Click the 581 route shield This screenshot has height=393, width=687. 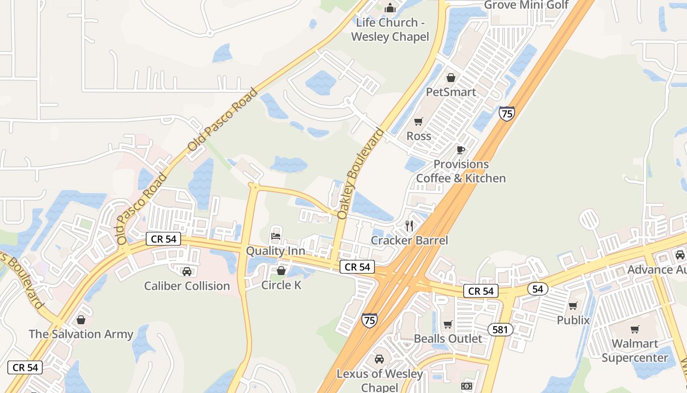click(500, 330)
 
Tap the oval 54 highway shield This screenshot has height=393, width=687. click(538, 289)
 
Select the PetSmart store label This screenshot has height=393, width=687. click(450, 92)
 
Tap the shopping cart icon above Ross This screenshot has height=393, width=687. click(418, 122)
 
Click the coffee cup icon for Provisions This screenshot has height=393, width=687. click(460, 150)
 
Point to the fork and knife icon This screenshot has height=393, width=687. click(409, 226)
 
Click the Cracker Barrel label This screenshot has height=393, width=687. click(409, 240)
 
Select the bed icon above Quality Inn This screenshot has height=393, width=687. click(276, 236)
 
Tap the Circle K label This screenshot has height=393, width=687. click(281, 285)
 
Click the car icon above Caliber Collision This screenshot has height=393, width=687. click(186, 271)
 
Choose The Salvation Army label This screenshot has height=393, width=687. click(81, 334)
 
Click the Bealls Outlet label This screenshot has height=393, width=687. click(448, 338)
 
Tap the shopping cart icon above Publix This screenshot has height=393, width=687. click(573, 306)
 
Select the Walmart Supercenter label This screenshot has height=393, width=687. click(635, 350)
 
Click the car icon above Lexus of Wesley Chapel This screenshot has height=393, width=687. click(379, 359)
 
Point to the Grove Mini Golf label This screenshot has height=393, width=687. click(526, 5)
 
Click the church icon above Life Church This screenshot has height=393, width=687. click(390, 8)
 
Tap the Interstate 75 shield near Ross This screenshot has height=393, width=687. click(506, 113)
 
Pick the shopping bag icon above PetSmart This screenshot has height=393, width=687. click(450, 78)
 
